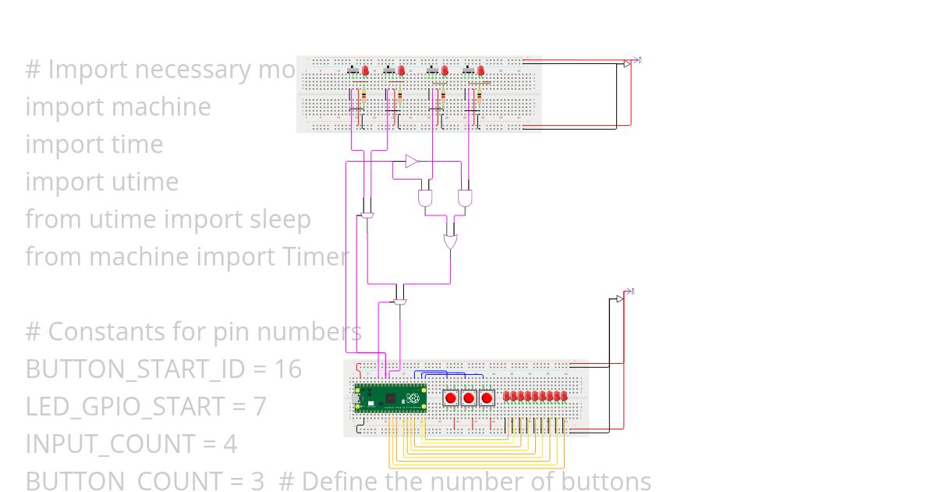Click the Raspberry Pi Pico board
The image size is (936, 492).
(x=390, y=398)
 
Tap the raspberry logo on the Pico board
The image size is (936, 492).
(x=415, y=400)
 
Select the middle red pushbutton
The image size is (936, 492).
(x=468, y=398)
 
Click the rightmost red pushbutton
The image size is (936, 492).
(x=487, y=398)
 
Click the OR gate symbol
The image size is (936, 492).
(x=451, y=241)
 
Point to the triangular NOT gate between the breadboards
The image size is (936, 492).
(x=412, y=162)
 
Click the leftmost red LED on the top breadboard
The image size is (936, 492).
(x=365, y=70)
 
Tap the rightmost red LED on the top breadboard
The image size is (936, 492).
(x=481, y=70)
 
